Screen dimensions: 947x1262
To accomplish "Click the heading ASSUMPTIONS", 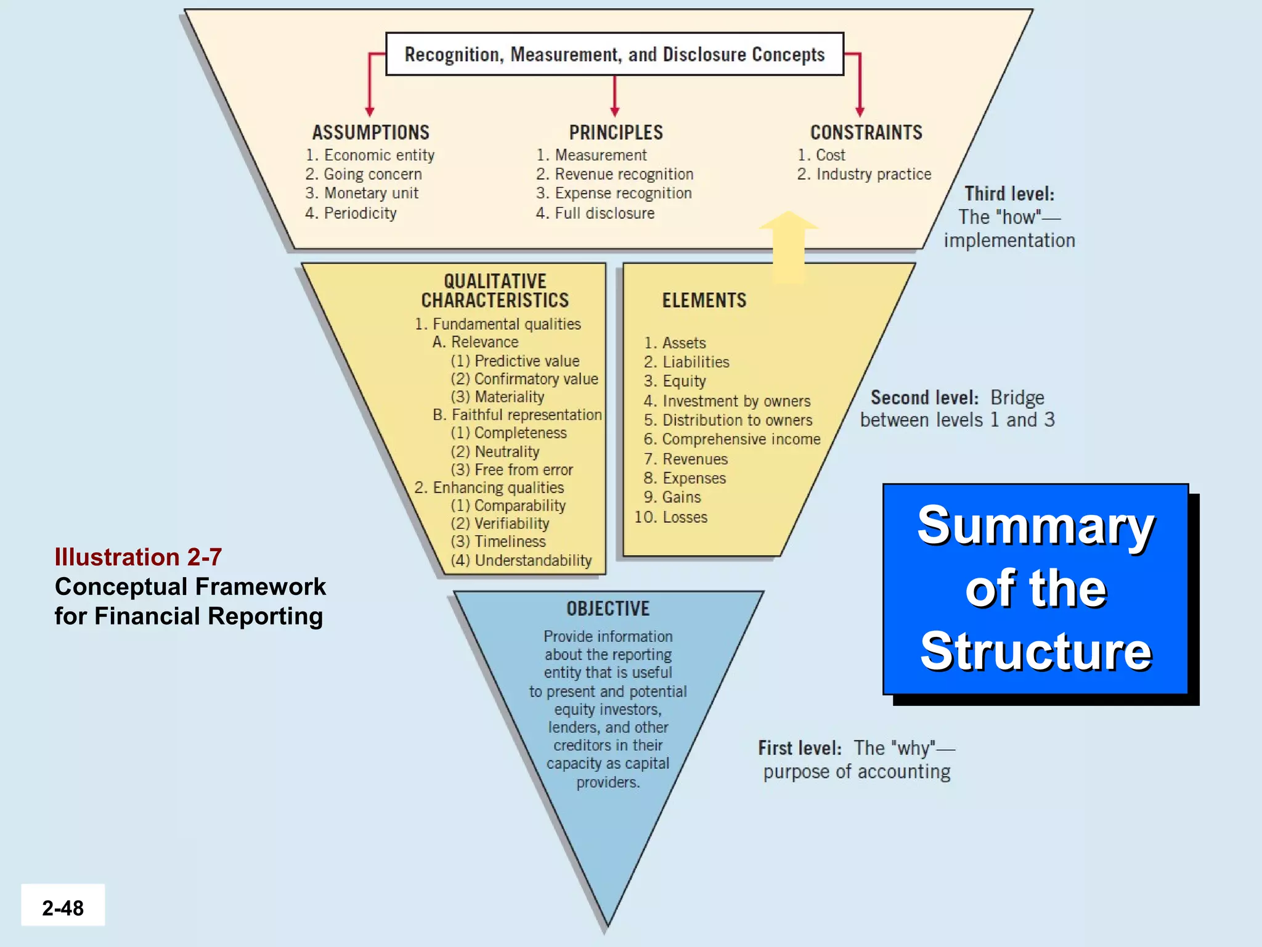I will (370, 133).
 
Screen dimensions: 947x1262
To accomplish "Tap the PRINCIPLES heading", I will (616, 133).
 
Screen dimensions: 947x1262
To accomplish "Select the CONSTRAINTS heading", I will (866, 133).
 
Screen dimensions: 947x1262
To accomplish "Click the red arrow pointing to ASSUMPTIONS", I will (370, 86).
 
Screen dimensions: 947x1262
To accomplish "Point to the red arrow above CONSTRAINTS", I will (860, 86).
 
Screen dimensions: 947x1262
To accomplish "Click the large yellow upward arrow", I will (788, 247).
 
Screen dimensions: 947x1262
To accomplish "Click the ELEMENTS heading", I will (704, 300).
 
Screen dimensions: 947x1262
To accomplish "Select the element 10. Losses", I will (672, 517).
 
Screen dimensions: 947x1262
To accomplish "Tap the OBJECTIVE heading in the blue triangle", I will (608, 609).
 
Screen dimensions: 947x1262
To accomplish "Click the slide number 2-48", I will (63, 908).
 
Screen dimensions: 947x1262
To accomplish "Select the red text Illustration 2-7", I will (138, 557).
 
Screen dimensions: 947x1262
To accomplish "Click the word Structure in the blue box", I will (1035, 651).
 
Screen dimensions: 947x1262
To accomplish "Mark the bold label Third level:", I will (1009, 194).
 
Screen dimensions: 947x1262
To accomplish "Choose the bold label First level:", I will (799, 748).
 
